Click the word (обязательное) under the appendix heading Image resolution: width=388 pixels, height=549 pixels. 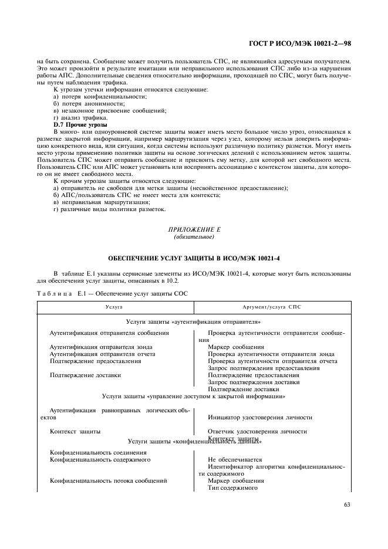(x=193, y=237)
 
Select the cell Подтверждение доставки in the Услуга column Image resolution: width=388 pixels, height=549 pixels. (x=86, y=375)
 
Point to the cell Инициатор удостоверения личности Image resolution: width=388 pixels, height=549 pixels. (x=260, y=418)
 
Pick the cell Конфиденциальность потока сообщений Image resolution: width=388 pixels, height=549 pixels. (x=109, y=481)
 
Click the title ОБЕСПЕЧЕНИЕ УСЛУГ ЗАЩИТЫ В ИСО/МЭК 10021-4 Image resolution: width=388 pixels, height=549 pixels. (x=193, y=259)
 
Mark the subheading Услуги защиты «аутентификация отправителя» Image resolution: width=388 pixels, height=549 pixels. (x=193, y=322)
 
